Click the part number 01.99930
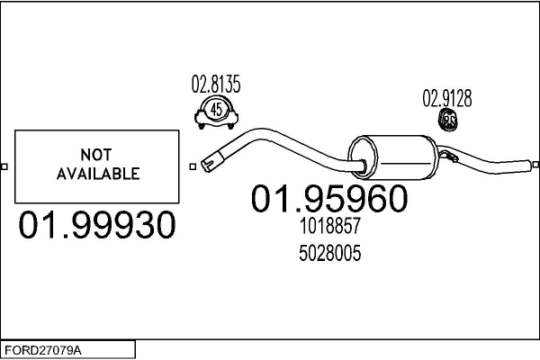click(97, 225)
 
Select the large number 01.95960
click(329, 198)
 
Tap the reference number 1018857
click(329, 226)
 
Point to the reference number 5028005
click(329, 253)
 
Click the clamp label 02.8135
click(216, 84)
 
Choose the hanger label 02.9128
click(447, 98)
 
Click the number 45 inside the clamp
click(216, 110)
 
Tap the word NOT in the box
click(96, 155)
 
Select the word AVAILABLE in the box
click(98, 174)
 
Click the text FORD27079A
click(43, 351)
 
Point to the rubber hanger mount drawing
click(447, 121)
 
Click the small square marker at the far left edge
click(4, 166)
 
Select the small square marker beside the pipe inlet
click(193, 166)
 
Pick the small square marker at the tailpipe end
click(535, 165)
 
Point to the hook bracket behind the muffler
click(449, 156)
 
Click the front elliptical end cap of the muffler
click(363, 157)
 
